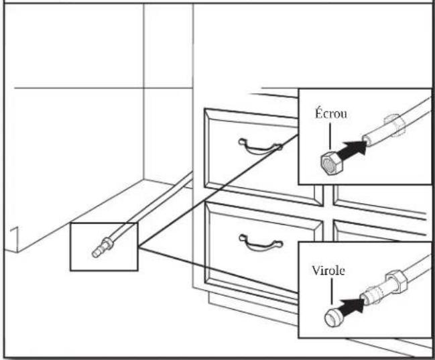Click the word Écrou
coord(330,113)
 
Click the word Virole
coord(328,271)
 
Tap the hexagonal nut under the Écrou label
coord(332,164)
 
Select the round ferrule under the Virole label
coord(334,317)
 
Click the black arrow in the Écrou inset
coord(353,151)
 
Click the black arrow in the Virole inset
coord(352,307)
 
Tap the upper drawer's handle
coord(260,147)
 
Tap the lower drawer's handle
coord(261,243)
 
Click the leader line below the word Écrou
coord(330,136)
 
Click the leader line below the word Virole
coord(331,292)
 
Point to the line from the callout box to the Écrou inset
coord(218,190)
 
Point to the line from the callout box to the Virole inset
coord(218,270)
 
